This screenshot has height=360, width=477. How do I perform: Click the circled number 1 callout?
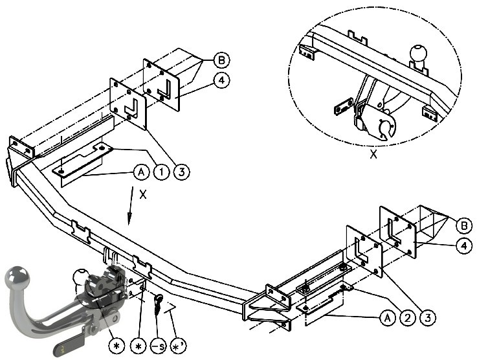[162, 172]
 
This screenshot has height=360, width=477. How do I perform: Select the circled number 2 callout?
[408, 318]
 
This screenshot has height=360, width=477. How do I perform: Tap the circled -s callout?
[159, 346]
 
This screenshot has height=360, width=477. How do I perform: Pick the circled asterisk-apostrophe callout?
[178, 346]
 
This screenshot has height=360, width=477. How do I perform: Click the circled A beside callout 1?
[141, 172]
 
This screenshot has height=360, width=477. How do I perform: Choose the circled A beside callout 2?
[387, 318]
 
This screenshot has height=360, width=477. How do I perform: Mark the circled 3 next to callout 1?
[182, 172]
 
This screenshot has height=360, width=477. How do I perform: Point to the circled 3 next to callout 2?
[428, 318]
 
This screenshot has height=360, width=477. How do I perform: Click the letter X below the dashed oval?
[373, 154]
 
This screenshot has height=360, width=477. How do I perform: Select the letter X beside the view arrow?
[142, 194]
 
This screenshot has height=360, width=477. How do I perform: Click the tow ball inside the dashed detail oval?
[418, 54]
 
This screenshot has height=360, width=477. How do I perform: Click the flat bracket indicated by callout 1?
[83, 160]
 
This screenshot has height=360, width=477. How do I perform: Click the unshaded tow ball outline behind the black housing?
[80, 278]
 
